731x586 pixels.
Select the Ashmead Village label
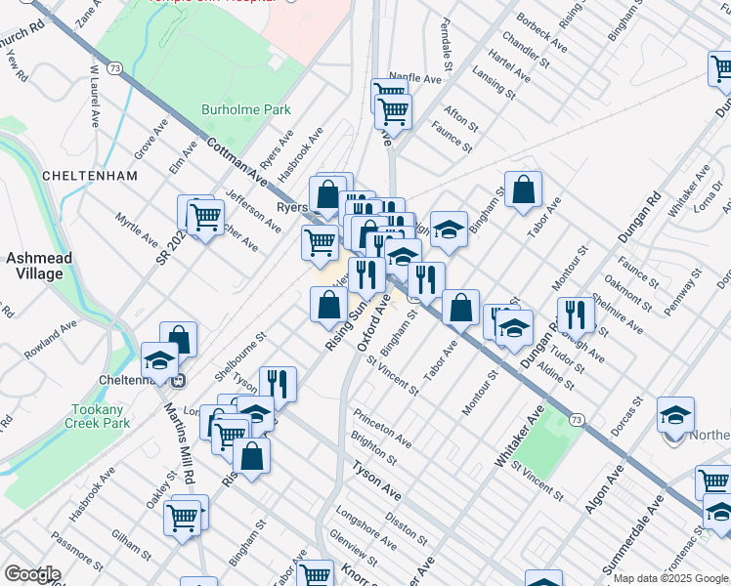tap(34, 267)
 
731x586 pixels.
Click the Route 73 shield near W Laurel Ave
tap(116, 68)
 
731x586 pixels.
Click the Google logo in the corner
tap(32, 574)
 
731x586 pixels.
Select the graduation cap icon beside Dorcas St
tap(675, 415)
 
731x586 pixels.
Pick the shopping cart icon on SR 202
tap(204, 218)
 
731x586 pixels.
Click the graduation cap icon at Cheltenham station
tap(159, 361)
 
